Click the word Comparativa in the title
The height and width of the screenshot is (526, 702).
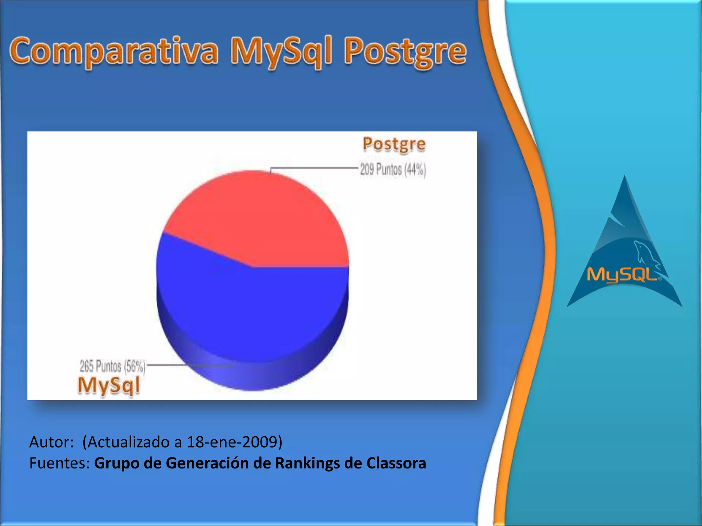(114, 51)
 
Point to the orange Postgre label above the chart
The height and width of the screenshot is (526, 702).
(394, 144)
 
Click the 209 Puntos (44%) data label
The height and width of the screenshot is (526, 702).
(393, 170)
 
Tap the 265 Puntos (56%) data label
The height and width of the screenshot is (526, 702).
(112, 366)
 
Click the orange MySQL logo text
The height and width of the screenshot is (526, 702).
(622, 275)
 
